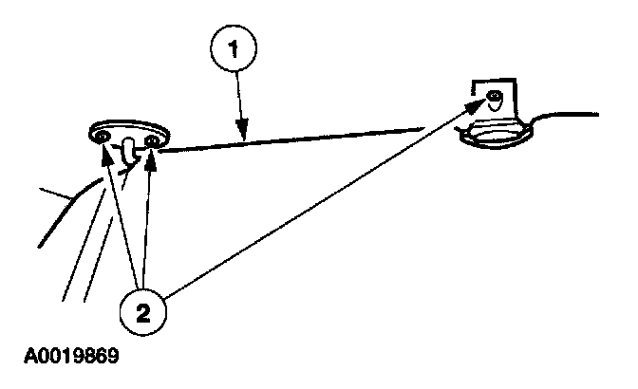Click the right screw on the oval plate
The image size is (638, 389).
click(x=149, y=141)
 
